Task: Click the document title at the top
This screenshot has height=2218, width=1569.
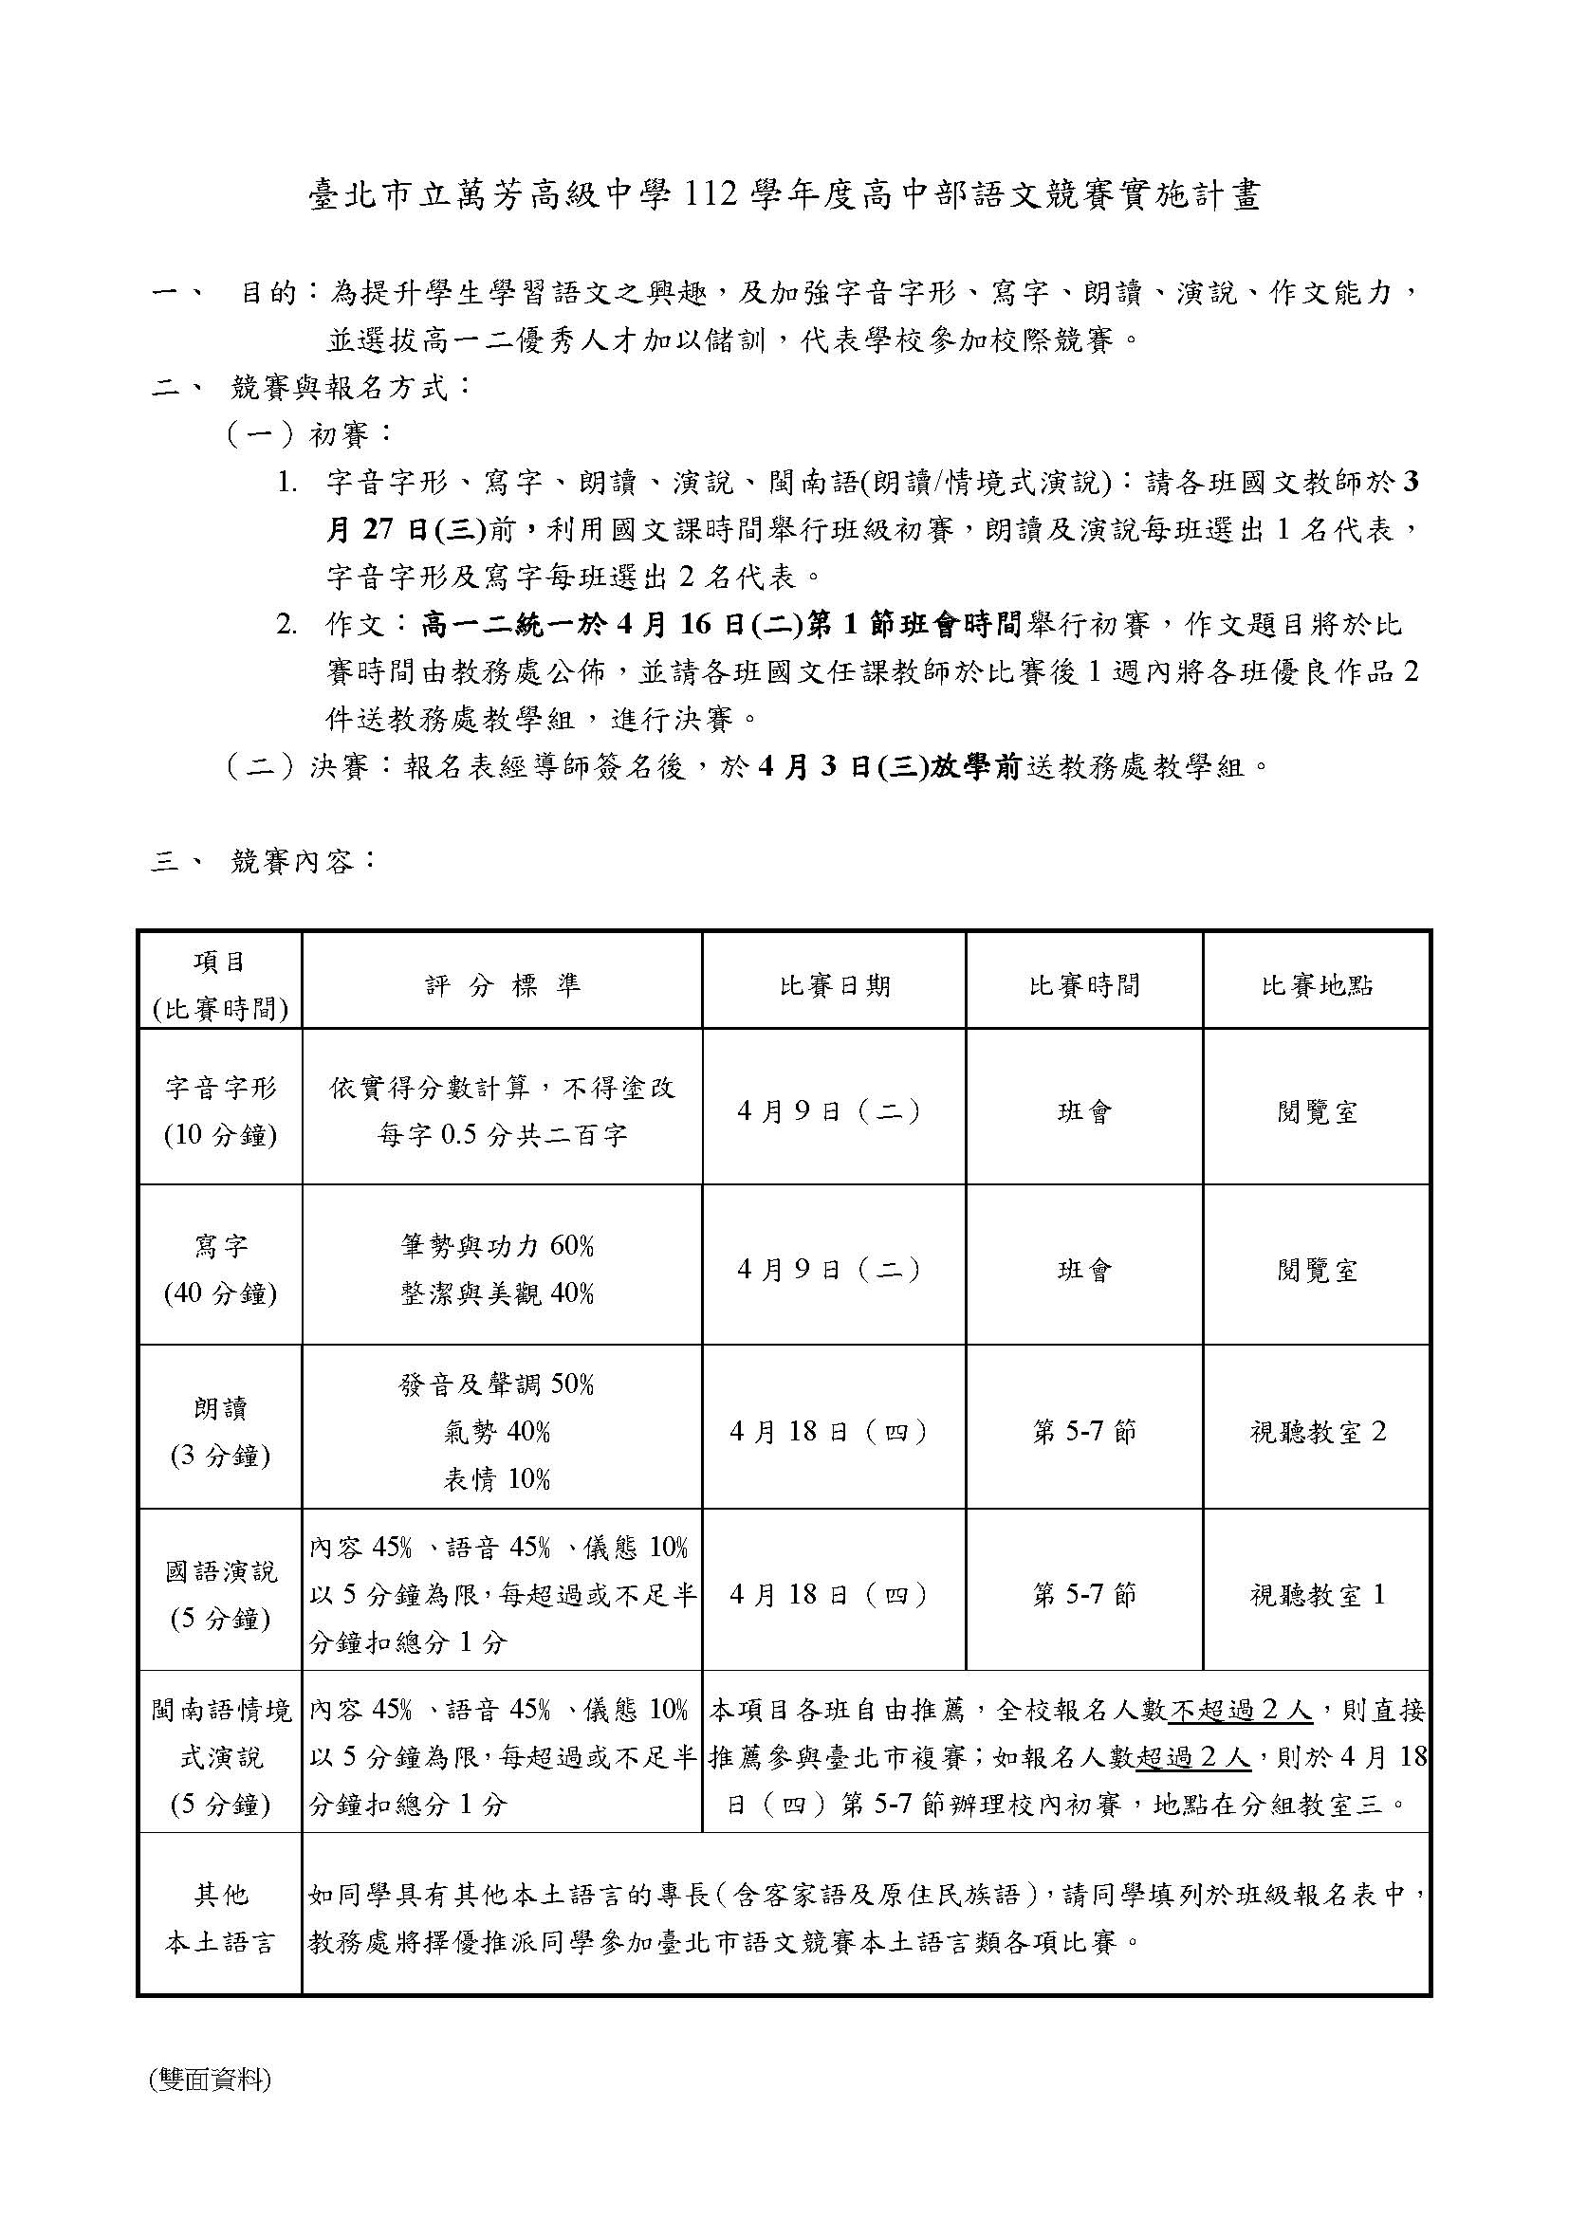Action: [x=784, y=197]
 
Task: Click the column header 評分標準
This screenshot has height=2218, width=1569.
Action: [x=503, y=985]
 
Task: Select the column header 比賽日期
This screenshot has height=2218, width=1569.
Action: [x=834, y=985]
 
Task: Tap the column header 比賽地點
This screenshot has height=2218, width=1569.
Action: [x=1317, y=985]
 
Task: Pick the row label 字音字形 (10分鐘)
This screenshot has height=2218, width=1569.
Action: [x=220, y=1111]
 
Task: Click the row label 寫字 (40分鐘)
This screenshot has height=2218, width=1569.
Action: [x=220, y=1270]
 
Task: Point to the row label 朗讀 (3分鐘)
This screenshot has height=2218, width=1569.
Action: [x=220, y=1432]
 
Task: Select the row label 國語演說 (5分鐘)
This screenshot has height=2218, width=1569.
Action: [x=220, y=1595]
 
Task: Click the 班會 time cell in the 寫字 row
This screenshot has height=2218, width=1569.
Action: [x=1084, y=1270]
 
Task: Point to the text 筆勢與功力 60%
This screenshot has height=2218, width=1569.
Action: [x=496, y=1246]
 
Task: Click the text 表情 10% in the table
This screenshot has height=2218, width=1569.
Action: [x=496, y=1479]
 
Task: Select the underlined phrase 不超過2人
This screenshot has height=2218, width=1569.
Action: [x=1241, y=1711]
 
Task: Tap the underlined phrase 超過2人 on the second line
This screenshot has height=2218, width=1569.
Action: [x=1193, y=1757]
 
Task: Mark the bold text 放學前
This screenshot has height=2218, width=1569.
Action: [x=976, y=767]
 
